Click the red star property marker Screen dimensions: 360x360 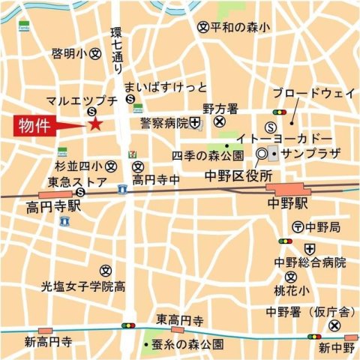click(x=94, y=124)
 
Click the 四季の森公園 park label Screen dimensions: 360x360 click(x=207, y=156)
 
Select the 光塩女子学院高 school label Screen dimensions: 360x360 click(x=82, y=286)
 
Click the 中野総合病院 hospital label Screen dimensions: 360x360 click(x=308, y=262)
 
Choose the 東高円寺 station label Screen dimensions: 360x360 click(x=179, y=320)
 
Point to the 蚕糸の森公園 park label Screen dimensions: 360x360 click(x=189, y=344)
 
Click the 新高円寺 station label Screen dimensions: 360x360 click(x=48, y=342)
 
